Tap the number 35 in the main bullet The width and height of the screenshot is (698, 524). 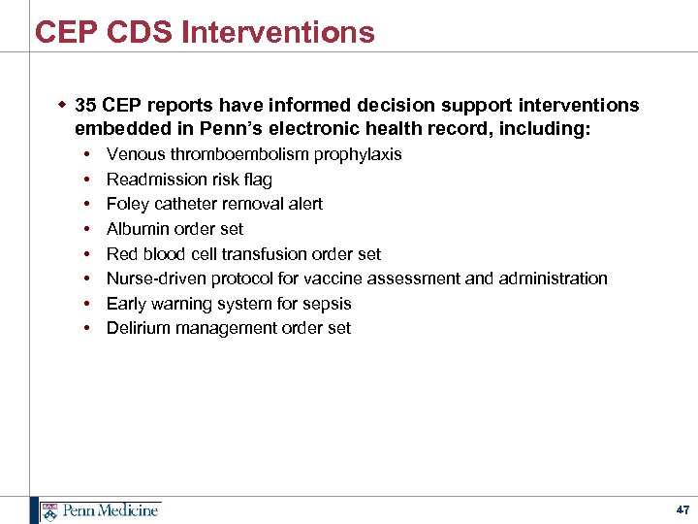[x=85, y=105]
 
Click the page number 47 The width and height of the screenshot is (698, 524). [x=682, y=509]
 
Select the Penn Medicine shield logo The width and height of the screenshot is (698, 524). [x=48, y=510]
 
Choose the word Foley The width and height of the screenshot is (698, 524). [x=126, y=204]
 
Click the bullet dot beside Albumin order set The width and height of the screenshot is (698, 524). [x=87, y=229]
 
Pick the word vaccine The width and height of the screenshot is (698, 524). [x=331, y=278]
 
